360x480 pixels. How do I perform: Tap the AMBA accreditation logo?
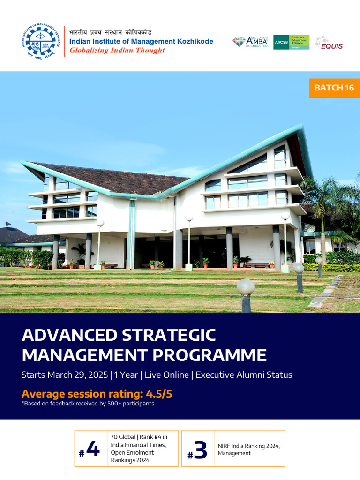coord(250,42)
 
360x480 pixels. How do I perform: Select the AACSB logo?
coord(291,42)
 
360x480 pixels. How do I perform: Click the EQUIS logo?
coord(329,43)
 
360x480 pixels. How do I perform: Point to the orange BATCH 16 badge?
coord(334,88)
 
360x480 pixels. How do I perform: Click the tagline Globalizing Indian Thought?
coord(117,51)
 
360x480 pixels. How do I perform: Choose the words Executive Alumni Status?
coord(244,375)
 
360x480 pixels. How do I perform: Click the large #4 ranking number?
coord(90,450)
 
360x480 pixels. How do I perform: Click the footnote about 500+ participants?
coord(88,404)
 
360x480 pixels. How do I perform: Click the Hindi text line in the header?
coord(110,32)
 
